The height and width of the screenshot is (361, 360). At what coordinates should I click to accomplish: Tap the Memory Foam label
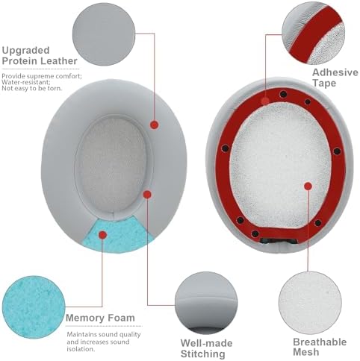coord(100,318)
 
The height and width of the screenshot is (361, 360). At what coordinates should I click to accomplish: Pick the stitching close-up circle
coord(205,298)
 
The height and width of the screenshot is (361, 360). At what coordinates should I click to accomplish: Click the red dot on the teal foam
coord(102,233)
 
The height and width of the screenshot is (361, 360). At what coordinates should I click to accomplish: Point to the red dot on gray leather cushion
coord(155,125)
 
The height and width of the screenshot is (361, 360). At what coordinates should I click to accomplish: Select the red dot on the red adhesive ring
coord(266,98)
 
